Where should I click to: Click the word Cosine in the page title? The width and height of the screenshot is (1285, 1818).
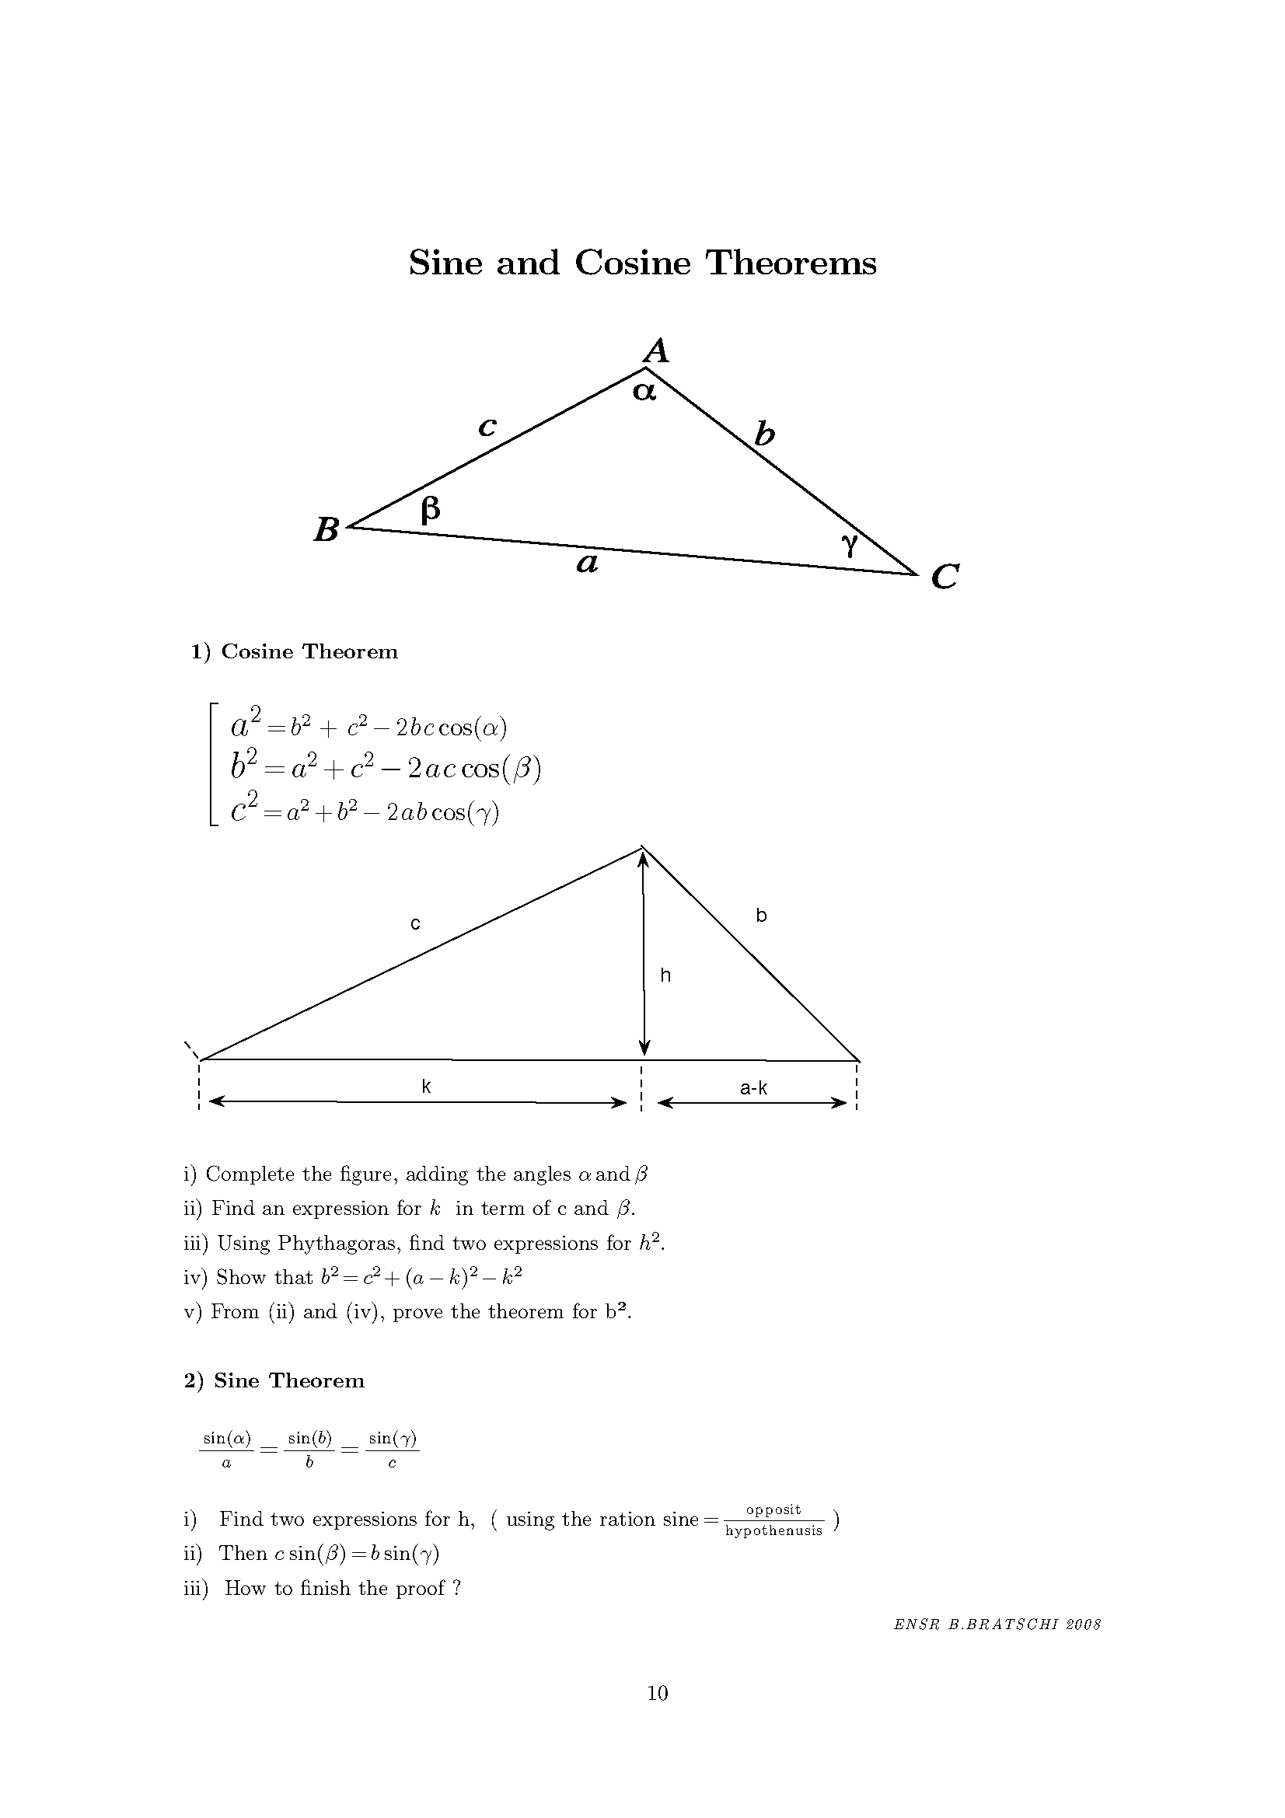tap(633, 263)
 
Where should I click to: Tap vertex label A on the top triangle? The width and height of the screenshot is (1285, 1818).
tap(656, 349)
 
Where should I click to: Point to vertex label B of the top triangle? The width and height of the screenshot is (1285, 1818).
tap(326, 530)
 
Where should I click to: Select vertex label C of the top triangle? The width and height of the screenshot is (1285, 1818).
tap(945, 577)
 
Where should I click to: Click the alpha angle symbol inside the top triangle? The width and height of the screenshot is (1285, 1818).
tap(644, 391)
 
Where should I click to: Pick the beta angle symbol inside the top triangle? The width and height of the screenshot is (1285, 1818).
tap(430, 509)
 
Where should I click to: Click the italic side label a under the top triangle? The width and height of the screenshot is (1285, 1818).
tap(587, 564)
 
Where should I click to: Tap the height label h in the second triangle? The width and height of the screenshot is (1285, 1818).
tap(665, 975)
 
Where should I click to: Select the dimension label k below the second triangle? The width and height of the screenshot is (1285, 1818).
tap(426, 1087)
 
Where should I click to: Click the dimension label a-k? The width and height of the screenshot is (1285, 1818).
tap(753, 1088)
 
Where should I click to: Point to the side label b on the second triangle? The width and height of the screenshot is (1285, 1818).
tap(761, 916)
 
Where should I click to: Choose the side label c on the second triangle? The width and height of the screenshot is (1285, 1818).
tap(415, 923)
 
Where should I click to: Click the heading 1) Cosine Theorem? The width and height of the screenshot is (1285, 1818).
tap(294, 651)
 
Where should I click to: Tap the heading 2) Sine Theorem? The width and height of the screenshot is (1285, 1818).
tap(274, 1381)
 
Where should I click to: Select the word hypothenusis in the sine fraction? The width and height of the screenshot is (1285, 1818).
tap(773, 1530)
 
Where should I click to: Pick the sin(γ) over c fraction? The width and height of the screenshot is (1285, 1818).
tap(393, 1450)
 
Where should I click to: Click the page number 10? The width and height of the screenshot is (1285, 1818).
tap(658, 1693)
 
